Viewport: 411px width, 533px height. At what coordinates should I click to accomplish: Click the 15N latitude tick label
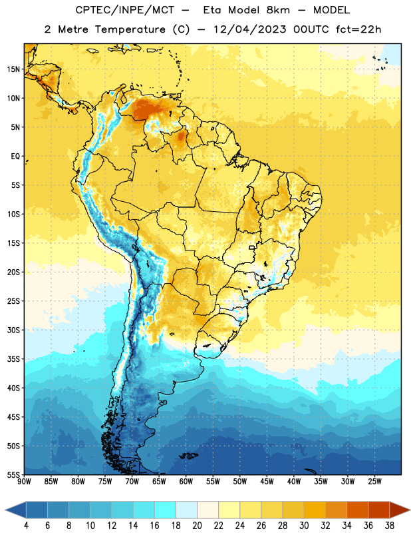coord(13,69)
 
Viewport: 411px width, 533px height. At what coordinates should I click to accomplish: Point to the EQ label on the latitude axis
coord(15,157)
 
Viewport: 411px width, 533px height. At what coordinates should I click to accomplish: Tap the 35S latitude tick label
coord(13,359)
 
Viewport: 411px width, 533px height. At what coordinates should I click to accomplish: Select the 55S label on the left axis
coord(13,474)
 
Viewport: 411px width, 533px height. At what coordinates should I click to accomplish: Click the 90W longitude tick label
coord(24,482)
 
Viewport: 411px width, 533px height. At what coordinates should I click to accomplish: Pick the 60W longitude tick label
coord(186,482)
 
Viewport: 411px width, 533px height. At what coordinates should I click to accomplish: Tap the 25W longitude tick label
coord(374,482)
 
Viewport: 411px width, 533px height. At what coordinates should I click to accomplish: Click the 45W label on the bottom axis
coord(267,482)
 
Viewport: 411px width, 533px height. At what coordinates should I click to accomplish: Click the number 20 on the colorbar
coord(197,526)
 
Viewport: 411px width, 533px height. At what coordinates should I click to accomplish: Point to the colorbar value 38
coord(390,526)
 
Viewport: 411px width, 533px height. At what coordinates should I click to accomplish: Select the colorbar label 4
coord(26,526)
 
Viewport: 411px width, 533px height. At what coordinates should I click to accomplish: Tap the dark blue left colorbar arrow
coord(15,510)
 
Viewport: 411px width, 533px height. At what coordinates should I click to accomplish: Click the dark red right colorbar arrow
coord(400,510)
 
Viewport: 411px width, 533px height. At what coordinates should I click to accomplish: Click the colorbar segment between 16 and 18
coord(166,510)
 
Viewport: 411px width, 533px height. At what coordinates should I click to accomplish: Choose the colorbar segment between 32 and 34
coord(337,510)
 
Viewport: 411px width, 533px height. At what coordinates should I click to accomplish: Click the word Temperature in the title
coord(130,29)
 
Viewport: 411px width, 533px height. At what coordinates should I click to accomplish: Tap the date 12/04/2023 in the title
coord(250,29)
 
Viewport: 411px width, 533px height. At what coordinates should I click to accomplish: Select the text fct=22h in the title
coord(358,29)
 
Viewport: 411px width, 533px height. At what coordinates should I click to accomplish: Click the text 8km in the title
coord(278,10)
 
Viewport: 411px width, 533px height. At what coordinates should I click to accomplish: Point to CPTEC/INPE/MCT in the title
coord(125,11)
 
